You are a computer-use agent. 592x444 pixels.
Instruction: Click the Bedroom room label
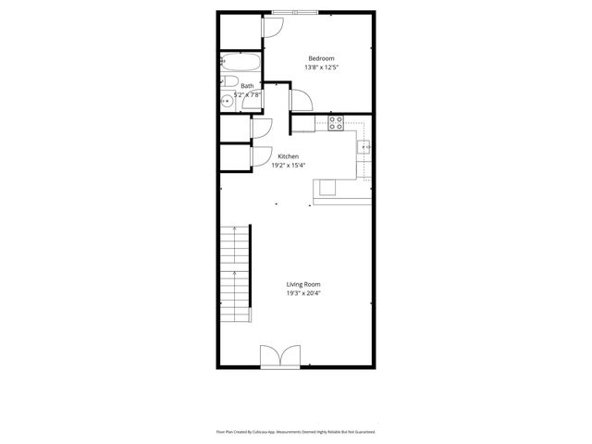click(x=322, y=58)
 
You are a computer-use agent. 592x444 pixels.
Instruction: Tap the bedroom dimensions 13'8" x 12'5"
click(x=322, y=68)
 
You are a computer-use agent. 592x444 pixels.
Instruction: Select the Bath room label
click(x=247, y=86)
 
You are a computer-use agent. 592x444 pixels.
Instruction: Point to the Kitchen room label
click(x=289, y=156)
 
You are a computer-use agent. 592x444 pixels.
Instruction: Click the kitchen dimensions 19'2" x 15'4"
click(x=289, y=166)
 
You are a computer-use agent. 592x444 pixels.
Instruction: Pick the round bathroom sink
click(x=227, y=102)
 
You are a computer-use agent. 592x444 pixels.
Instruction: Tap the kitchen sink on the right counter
click(x=365, y=146)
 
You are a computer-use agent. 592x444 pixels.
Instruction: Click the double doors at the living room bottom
click(x=281, y=356)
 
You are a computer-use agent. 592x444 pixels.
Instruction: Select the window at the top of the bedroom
click(x=295, y=12)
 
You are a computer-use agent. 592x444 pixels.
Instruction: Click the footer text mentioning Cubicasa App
click(x=302, y=431)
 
